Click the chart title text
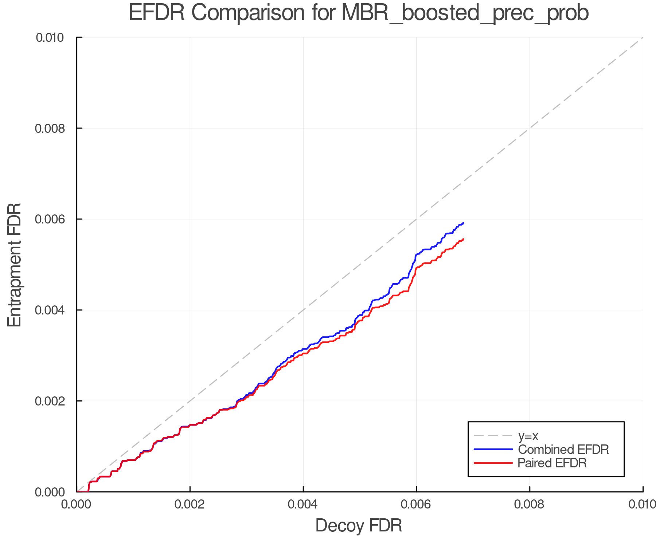click(359, 13)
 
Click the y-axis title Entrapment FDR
click(15, 265)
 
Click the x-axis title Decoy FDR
click(359, 525)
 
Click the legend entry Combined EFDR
click(563, 450)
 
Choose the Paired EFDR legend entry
click(552, 463)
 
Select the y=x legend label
click(528, 436)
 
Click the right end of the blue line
click(463, 223)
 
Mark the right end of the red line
click(463, 239)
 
